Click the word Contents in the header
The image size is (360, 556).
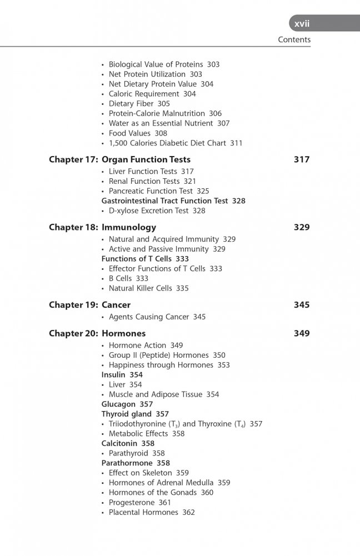[x=294, y=40]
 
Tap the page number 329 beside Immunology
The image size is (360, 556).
[x=301, y=227]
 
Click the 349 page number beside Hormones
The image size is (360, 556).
[x=301, y=334]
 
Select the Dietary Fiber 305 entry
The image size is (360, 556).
[x=139, y=104]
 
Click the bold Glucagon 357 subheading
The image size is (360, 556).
[x=128, y=404]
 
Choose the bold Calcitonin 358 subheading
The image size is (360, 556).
[x=128, y=444]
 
